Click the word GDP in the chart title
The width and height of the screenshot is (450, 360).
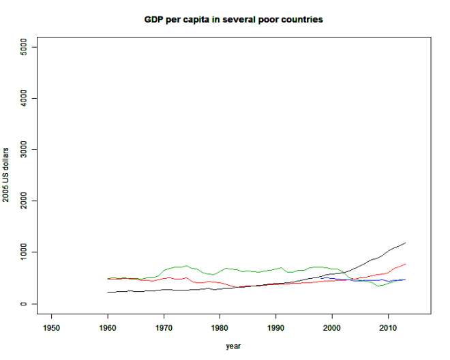[x=153, y=19]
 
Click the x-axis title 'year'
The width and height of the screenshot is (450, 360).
[x=233, y=346]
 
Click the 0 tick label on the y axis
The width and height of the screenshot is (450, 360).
[x=23, y=304]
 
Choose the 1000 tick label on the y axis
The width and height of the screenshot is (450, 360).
[x=23, y=252]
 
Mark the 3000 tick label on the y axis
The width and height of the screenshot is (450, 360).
[x=23, y=149]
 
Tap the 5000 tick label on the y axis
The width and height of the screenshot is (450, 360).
[x=23, y=47]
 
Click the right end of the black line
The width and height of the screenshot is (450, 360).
[x=405, y=243]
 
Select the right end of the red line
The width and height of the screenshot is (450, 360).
[x=405, y=264]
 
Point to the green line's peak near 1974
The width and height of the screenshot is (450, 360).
[x=186, y=265]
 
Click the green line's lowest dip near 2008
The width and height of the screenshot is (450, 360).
[x=378, y=286]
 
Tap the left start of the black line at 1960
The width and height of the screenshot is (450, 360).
[x=108, y=292]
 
